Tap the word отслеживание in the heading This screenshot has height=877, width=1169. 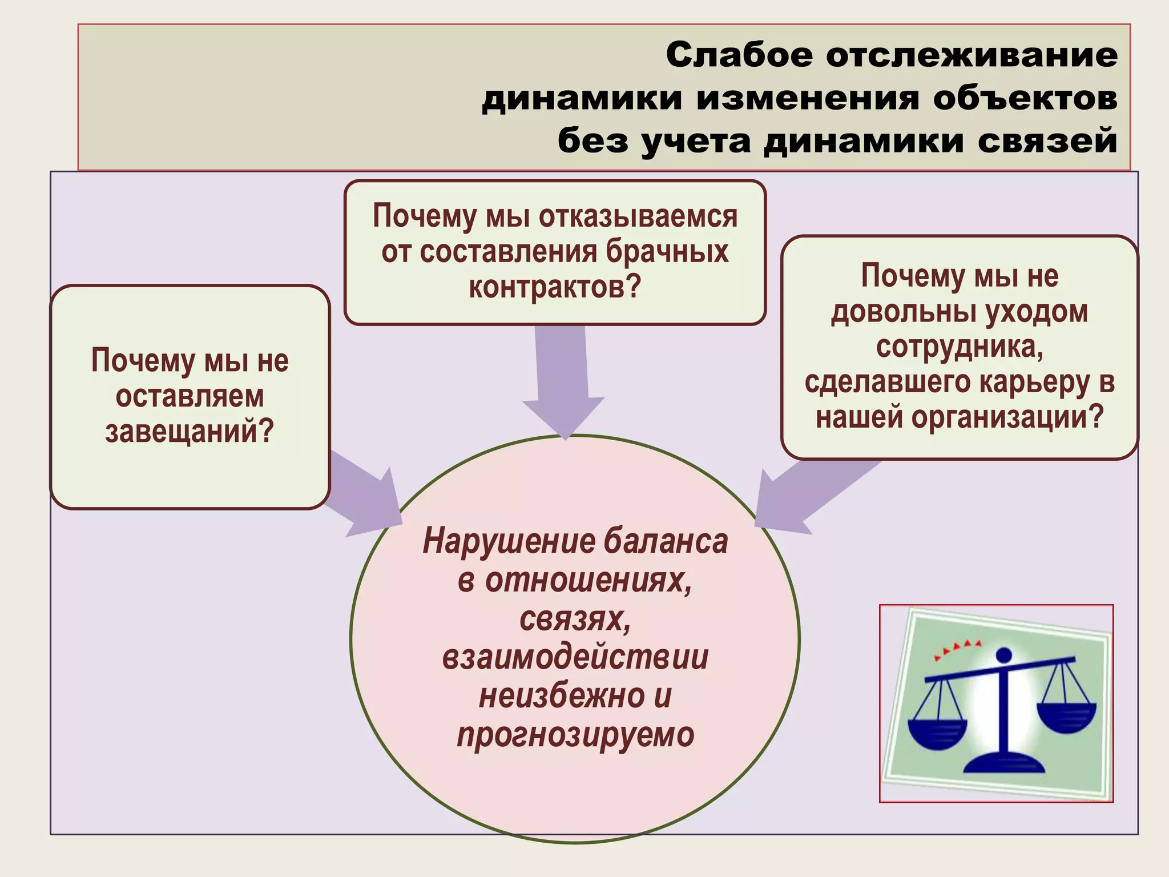[972, 55]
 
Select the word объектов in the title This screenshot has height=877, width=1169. [1025, 98]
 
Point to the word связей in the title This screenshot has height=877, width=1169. [1047, 140]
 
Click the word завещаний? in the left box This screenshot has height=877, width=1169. [190, 432]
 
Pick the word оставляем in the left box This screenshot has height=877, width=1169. [190, 396]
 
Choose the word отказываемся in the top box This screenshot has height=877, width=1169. [638, 216]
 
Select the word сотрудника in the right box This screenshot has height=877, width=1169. [960, 347]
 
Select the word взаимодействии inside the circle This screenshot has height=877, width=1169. [575, 657]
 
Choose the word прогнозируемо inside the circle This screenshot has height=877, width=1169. [575, 735]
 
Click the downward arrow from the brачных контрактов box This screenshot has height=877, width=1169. [563, 383]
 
